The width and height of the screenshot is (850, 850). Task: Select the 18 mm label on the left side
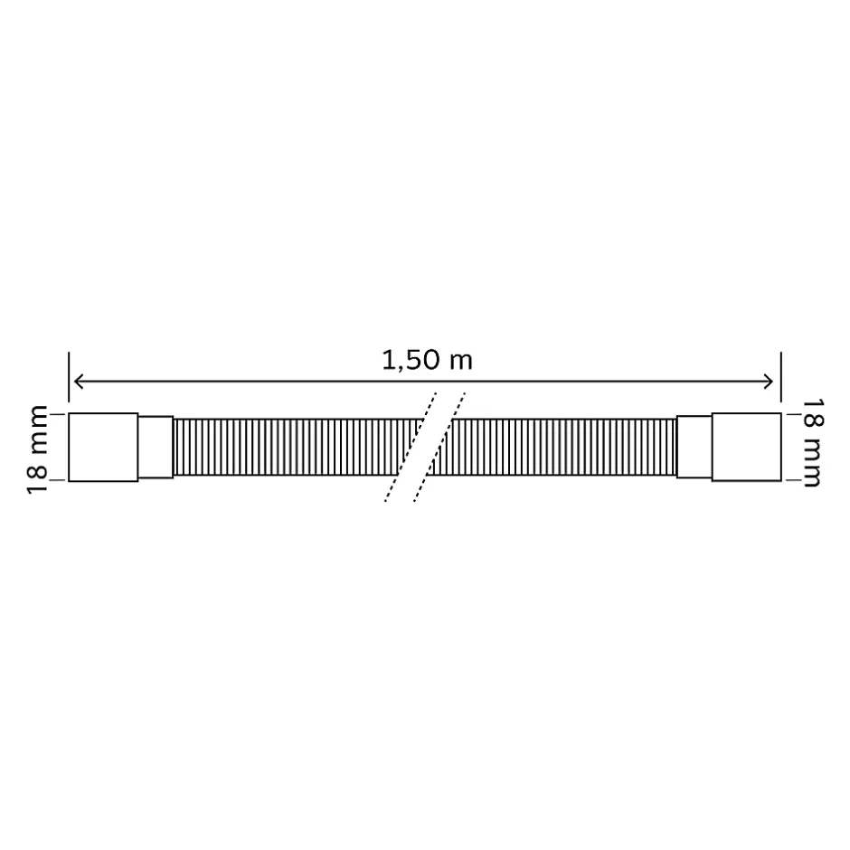pos(37,449)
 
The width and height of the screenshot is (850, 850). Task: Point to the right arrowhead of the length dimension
pos(770,382)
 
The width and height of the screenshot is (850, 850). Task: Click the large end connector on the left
pos(103,448)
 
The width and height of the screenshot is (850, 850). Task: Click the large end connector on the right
pos(746,448)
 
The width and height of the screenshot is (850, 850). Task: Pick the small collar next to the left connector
pos(156,448)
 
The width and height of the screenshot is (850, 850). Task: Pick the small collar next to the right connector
pos(694,448)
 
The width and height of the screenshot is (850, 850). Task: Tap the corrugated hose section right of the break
pos(561,448)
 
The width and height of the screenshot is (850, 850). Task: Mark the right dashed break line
pos(440,448)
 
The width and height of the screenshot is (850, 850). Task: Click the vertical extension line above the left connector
pos(69,380)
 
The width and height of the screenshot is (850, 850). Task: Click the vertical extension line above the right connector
pos(780,380)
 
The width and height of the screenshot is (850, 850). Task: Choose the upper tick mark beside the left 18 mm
pos(55,414)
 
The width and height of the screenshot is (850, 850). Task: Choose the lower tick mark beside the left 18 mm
pos(55,481)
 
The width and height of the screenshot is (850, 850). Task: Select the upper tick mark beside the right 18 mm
pos(792,414)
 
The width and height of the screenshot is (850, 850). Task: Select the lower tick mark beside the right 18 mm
pos(792,481)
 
